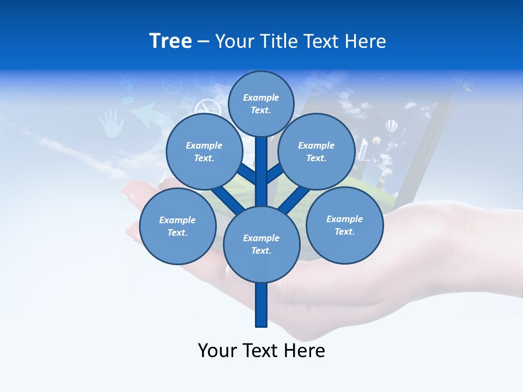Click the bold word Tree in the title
[x=171, y=41]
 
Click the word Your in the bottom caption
[x=217, y=351]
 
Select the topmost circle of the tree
[x=261, y=103]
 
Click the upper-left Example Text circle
[x=204, y=151]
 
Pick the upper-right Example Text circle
[x=316, y=151]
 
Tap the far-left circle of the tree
[x=178, y=226]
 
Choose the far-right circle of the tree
[x=344, y=225]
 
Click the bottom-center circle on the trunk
[x=261, y=244]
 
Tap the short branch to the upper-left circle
[x=247, y=174]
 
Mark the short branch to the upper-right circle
[x=275, y=174]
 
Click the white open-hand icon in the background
[x=112, y=123]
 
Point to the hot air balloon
[x=391, y=127]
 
